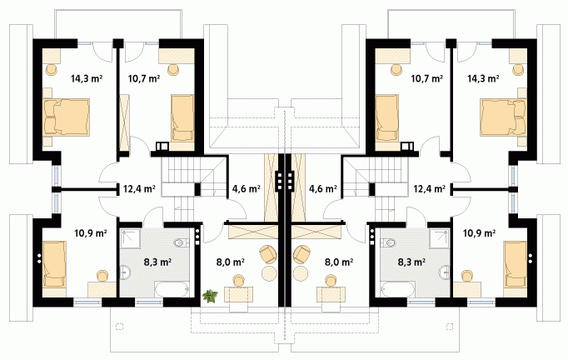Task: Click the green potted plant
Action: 210,296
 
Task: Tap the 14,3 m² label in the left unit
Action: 87,78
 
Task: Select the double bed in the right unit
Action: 503,117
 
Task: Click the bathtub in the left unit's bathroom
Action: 172,290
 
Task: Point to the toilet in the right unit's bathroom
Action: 386,242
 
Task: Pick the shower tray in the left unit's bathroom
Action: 131,238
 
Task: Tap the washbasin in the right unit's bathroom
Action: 445,272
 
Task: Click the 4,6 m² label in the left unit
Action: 246,188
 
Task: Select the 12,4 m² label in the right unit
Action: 430,188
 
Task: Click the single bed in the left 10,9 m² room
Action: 54,264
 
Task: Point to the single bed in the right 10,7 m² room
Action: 387,118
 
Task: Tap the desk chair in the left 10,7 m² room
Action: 174,69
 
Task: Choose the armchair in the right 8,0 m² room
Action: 302,254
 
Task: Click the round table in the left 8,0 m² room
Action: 269,273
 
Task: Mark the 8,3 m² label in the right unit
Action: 411,262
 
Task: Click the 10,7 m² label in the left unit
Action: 144,78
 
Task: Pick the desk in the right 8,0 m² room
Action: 331,294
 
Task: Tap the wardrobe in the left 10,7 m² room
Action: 124,122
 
